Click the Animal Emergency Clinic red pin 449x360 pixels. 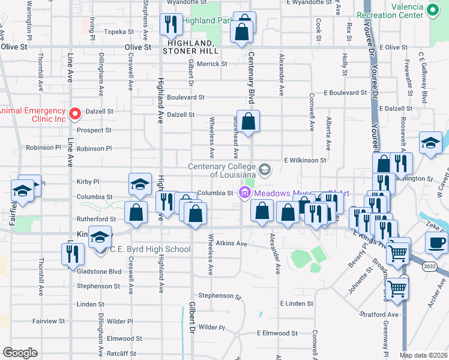(x=75, y=113)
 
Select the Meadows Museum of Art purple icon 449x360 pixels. (x=244, y=193)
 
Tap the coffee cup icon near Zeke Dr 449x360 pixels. (x=436, y=242)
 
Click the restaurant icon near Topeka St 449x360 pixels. (x=170, y=24)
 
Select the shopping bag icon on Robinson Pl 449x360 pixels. (x=248, y=122)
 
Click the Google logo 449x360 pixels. (x=20, y=353)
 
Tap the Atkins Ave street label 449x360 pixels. (x=232, y=244)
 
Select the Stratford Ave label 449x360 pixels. (x=379, y=314)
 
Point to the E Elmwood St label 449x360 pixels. (x=277, y=333)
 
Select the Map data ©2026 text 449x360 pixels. (x=423, y=355)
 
